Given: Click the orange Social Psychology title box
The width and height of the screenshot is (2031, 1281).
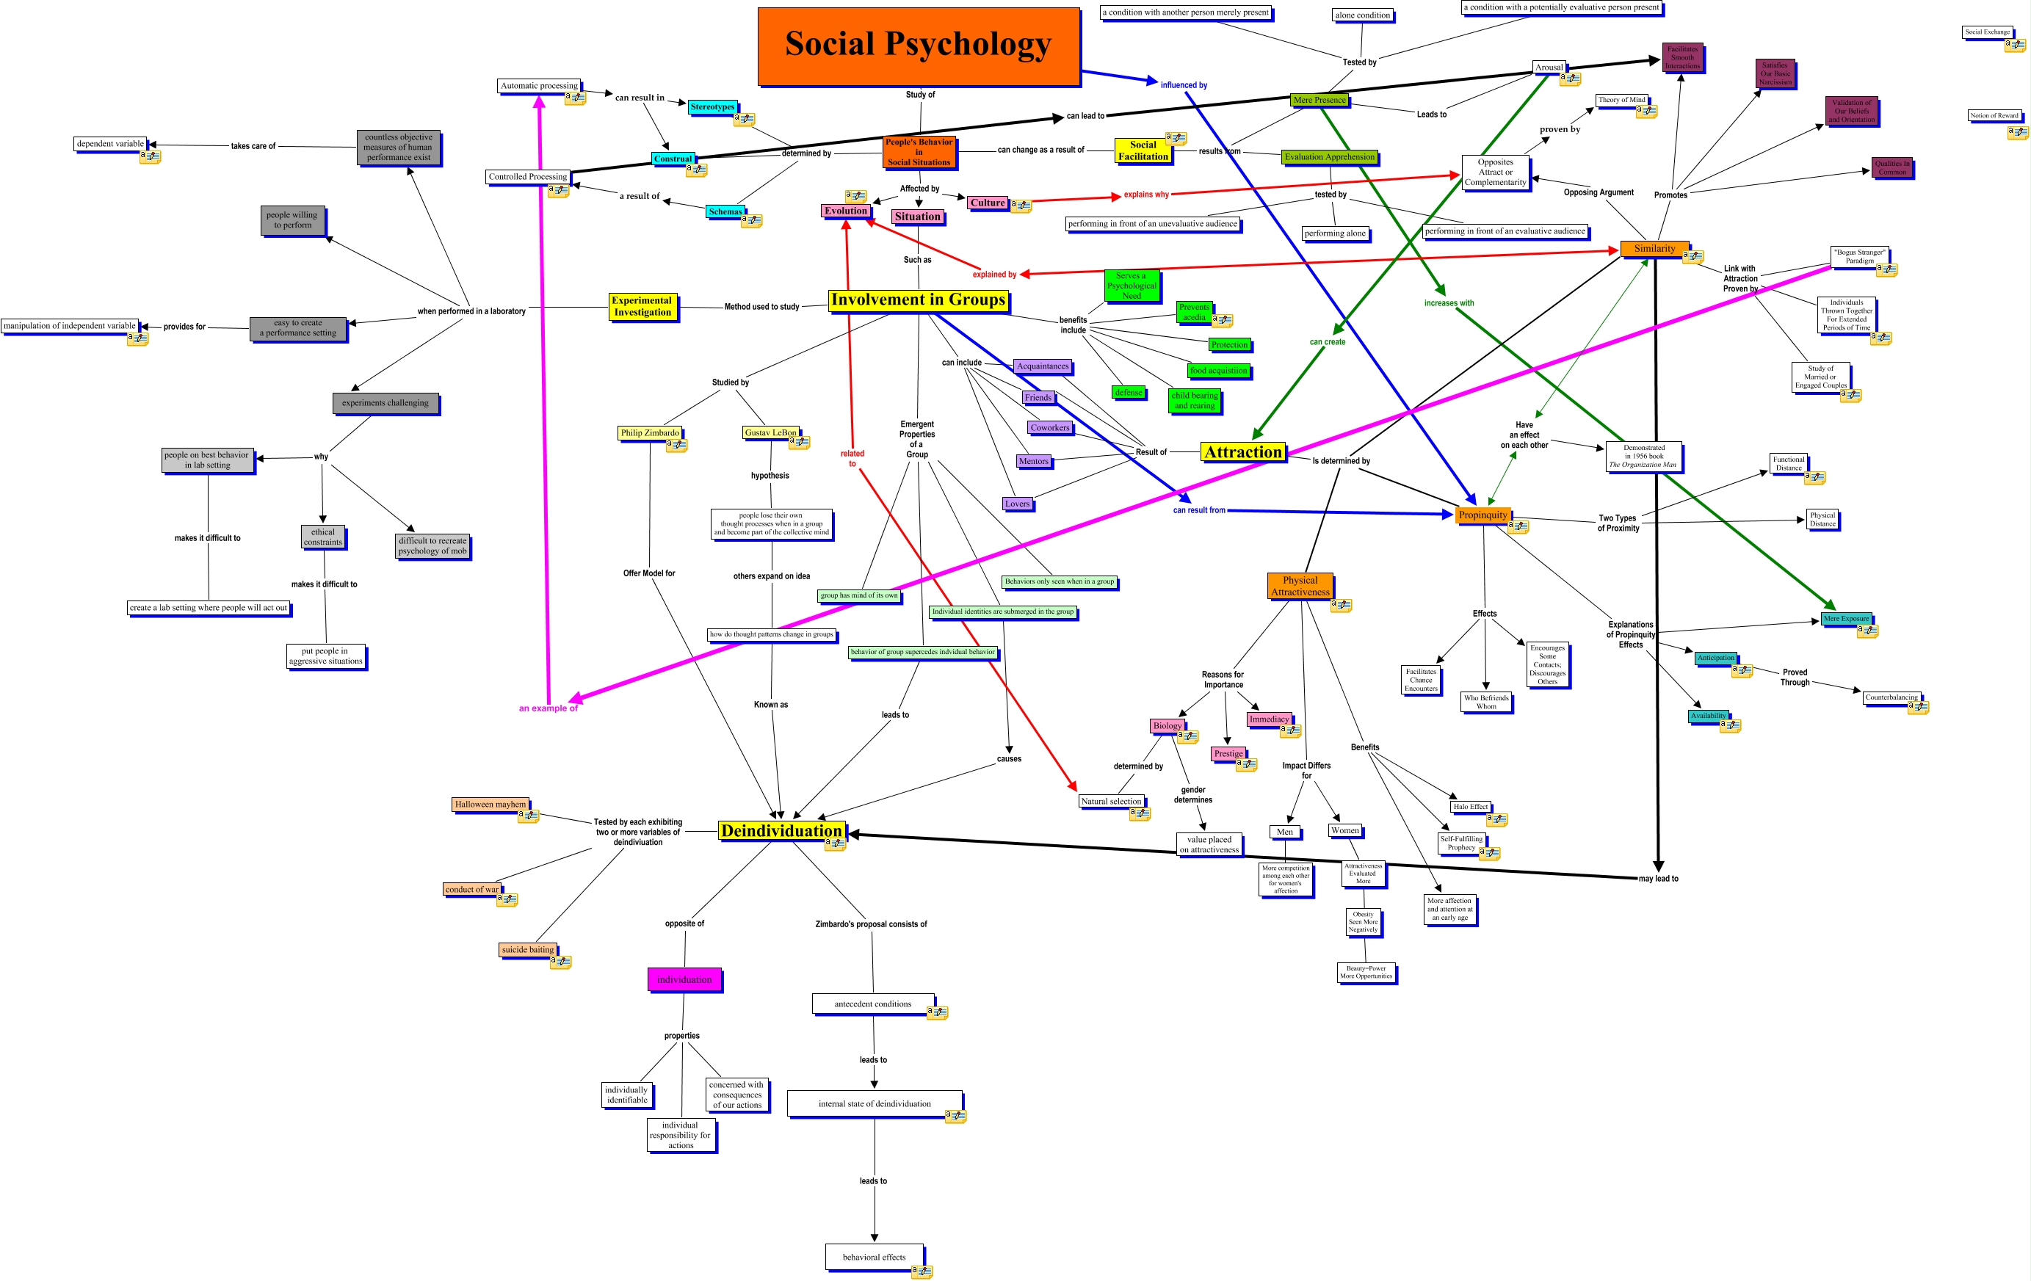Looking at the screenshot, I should click(x=919, y=46).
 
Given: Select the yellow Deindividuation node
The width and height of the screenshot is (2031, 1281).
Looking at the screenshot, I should click(x=781, y=831).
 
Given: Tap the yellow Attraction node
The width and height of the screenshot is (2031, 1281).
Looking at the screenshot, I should click(x=1242, y=453).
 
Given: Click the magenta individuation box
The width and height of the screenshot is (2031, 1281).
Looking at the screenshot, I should click(x=684, y=979).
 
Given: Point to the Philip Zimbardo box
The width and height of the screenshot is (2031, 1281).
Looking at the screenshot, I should click(x=649, y=432).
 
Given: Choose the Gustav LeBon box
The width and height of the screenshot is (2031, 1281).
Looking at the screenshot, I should click(x=770, y=432).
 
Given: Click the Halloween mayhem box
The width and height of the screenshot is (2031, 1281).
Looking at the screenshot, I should click(x=490, y=805).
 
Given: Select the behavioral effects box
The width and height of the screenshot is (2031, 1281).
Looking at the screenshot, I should click(x=874, y=1257).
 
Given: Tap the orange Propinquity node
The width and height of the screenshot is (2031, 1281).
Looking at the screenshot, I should click(x=1482, y=515).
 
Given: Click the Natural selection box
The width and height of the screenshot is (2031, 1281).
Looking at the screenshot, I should click(x=1111, y=801).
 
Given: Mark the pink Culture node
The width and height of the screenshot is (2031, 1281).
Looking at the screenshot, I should click(x=988, y=203).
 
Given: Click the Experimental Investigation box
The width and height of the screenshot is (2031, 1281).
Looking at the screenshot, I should click(x=642, y=306).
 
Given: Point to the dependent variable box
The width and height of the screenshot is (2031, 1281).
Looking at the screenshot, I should click(x=110, y=144).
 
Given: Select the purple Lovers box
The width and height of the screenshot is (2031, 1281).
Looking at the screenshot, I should click(x=1017, y=504).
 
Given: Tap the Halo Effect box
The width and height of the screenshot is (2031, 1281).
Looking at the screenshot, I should click(x=1470, y=806).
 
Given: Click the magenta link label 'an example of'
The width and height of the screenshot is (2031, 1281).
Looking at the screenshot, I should click(x=549, y=708).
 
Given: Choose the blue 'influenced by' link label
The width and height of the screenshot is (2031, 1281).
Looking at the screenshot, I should click(x=1184, y=85).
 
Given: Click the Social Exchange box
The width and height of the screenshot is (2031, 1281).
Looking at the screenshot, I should click(x=1987, y=32).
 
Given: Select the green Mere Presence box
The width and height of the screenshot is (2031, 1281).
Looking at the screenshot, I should click(x=1319, y=101).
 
